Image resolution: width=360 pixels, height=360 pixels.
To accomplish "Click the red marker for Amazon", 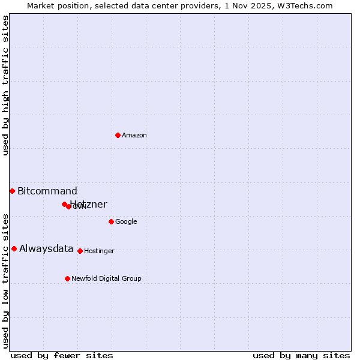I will pyautogui.click(x=118, y=135).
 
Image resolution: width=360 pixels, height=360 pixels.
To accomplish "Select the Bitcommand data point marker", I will pyautogui.click(x=12, y=191).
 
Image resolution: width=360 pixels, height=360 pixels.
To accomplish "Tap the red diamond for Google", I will pyautogui.click(x=111, y=221).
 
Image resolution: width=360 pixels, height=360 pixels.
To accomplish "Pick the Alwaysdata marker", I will pyautogui.click(x=14, y=248).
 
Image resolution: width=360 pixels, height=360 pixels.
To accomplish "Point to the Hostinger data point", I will pyautogui.click(x=80, y=251).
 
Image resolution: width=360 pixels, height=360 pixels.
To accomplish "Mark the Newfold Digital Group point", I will pyautogui.click(x=67, y=278).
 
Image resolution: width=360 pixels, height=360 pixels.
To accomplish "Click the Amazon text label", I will pyautogui.click(x=134, y=135).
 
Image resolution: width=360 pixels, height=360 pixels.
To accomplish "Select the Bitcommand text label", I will pyautogui.click(x=47, y=191).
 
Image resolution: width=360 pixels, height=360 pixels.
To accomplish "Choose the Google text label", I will pyautogui.click(x=126, y=221).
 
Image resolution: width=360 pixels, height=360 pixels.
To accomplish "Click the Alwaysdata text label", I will pyautogui.click(x=46, y=249).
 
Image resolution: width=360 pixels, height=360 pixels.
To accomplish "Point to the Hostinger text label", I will pyautogui.click(x=99, y=251).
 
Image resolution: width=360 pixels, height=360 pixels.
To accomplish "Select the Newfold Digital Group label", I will pyautogui.click(x=106, y=278).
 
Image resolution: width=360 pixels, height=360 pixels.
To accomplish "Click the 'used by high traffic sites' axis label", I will pyautogui.click(x=6, y=85).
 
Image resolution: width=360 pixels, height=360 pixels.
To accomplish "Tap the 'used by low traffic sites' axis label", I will pyautogui.click(x=6, y=280).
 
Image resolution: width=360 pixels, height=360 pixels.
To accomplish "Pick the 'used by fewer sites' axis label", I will pyautogui.click(x=62, y=355).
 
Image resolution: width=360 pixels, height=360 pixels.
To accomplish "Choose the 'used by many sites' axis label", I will pyautogui.click(x=301, y=355).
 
